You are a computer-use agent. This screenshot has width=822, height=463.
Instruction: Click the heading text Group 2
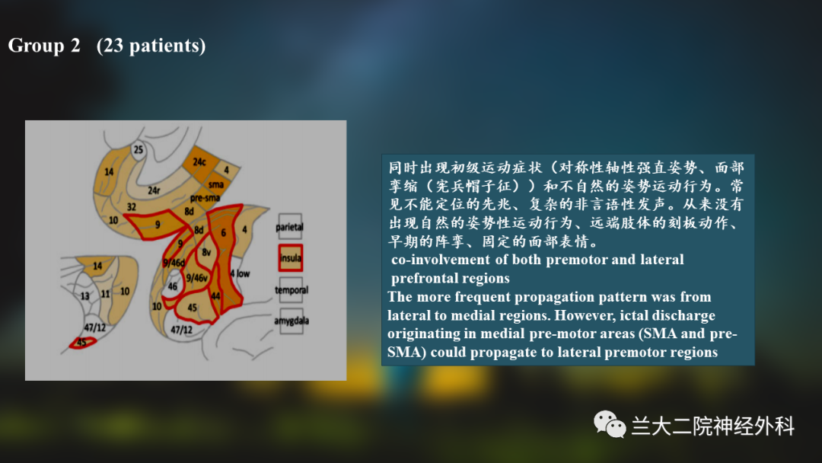coord(44,46)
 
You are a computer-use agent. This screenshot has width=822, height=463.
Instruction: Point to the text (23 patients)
coord(151,46)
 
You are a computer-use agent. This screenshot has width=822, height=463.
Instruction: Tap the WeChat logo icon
coord(609,423)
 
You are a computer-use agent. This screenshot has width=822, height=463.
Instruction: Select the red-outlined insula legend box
coord(291,257)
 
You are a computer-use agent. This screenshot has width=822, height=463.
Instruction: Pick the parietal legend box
coord(290,226)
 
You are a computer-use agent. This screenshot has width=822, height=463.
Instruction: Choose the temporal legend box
coord(291,289)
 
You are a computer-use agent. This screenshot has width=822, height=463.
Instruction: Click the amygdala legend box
coord(292,321)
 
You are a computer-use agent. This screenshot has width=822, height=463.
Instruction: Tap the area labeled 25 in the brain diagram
coord(138,150)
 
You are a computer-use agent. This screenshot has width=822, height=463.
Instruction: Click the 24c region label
coord(199,162)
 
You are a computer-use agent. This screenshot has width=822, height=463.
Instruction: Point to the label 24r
coord(154,190)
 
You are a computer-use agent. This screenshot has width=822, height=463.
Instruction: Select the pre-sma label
coord(205,198)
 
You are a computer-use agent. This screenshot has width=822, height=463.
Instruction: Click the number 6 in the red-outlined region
coord(223,232)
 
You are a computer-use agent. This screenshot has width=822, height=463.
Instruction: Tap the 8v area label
coord(206,252)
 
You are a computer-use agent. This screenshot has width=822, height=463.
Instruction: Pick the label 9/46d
coord(174,263)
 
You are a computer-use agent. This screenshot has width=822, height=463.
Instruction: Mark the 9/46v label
coord(196,278)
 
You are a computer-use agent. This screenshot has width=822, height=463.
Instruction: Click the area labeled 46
coord(173,286)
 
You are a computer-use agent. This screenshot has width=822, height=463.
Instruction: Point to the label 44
coord(215,295)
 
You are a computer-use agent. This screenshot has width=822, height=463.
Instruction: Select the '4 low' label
coord(240,273)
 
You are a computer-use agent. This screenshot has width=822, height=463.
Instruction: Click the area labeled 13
coord(85,296)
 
